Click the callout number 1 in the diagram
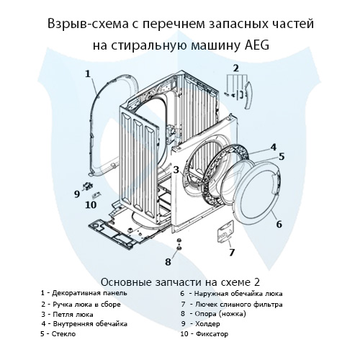coord(87,73)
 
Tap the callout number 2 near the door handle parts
coord(235,68)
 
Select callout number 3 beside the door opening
coord(176,169)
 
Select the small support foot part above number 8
coord(178,242)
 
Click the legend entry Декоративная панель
coord(88,293)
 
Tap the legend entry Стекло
coord(61,334)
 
